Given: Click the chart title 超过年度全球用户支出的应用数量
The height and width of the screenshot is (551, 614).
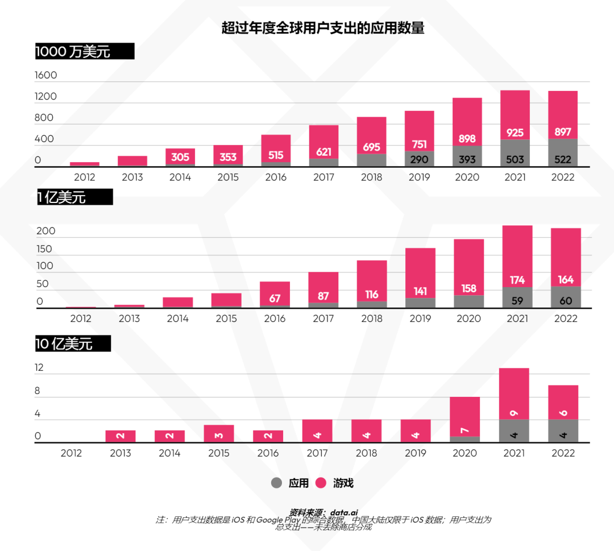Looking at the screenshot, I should click(x=323, y=28).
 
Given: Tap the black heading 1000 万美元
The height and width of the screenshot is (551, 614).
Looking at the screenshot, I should click(x=73, y=52).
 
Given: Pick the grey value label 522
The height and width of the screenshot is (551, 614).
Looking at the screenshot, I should click(x=562, y=160).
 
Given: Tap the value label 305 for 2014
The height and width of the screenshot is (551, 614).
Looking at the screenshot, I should click(x=180, y=158).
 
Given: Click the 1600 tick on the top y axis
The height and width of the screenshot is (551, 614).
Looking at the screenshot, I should click(x=46, y=76).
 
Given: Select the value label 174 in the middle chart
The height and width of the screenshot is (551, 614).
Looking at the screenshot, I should click(x=517, y=280).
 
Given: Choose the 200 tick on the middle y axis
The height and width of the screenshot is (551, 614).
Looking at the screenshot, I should click(x=46, y=231).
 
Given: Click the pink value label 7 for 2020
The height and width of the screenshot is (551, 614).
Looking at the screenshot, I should click(x=465, y=430).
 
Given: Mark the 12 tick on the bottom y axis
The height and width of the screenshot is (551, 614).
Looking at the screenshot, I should click(x=39, y=368).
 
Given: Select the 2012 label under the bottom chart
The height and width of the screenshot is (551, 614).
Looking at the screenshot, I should click(x=71, y=453).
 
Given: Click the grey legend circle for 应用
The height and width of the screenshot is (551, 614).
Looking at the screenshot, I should click(x=276, y=483).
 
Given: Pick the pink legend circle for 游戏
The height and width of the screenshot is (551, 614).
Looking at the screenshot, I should click(x=321, y=483).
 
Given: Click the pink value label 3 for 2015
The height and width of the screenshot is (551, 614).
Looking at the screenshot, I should click(x=219, y=436).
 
